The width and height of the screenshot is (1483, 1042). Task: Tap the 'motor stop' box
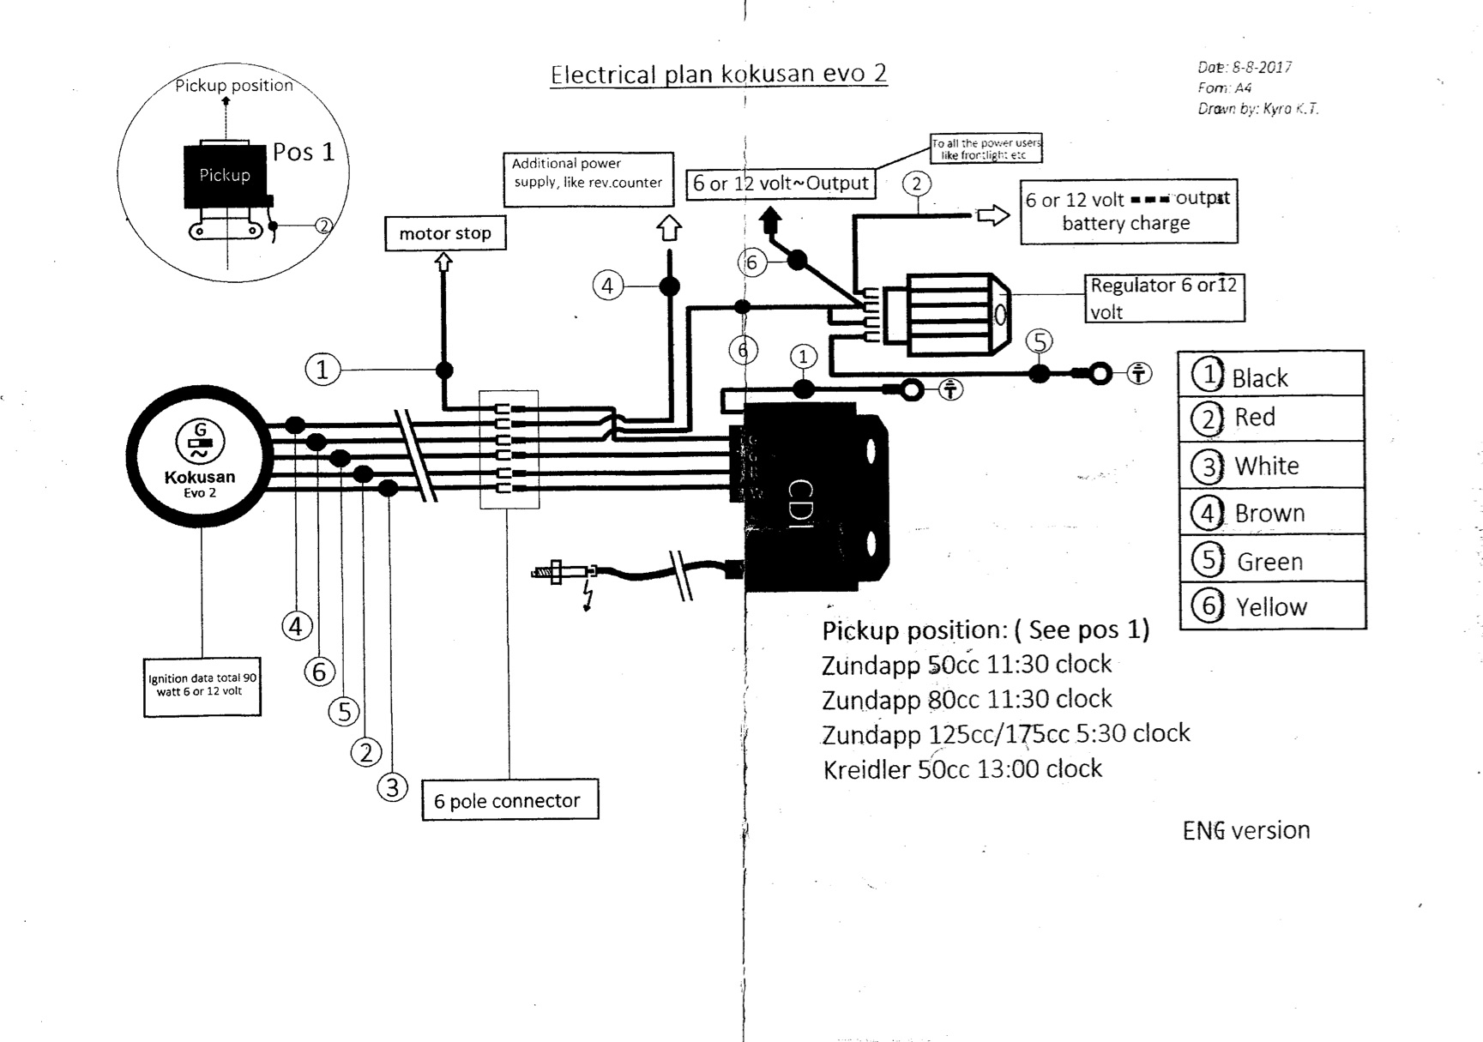tap(445, 233)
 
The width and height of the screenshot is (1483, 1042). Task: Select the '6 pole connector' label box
tap(509, 800)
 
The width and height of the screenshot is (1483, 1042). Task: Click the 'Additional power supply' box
tap(588, 179)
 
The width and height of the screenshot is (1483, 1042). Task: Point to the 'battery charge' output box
tap(1128, 212)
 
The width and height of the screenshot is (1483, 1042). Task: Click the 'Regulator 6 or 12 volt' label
tap(1164, 298)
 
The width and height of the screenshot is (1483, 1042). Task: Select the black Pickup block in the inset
tap(225, 176)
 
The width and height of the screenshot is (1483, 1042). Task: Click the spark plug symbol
tap(562, 572)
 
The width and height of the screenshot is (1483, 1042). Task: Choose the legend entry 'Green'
tap(1270, 561)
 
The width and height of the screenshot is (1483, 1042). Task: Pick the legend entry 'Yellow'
tap(1271, 606)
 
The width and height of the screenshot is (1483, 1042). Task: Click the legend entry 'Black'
tap(1259, 377)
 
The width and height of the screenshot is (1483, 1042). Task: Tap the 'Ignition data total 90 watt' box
tap(202, 685)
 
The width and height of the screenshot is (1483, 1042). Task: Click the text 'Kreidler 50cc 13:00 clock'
tap(962, 768)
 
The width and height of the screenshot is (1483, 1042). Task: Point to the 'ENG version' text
tap(1245, 830)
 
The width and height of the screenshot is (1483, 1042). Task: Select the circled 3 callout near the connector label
tap(392, 786)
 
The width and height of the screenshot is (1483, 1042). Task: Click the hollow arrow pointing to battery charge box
tap(993, 215)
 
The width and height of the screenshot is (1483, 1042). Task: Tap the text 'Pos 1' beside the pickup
tap(304, 152)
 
